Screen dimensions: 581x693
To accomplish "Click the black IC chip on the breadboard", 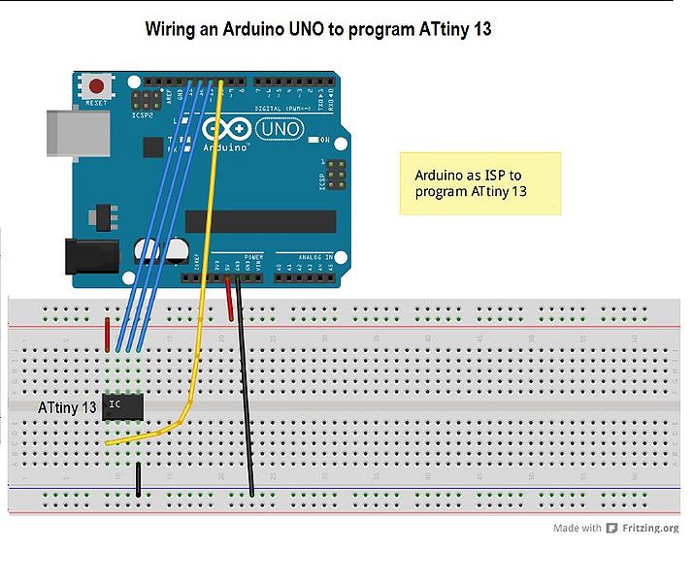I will click(123, 405).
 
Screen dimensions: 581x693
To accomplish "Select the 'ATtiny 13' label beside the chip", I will click(67, 408).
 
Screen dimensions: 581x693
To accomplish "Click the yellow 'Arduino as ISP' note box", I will click(480, 182).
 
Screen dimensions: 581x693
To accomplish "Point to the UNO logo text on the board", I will click(281, 129).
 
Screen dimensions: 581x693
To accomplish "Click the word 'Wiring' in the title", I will click(172, 29).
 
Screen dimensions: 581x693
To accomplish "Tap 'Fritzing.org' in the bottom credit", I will click(650, 529).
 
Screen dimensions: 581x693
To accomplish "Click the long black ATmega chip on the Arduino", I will click(259, 221).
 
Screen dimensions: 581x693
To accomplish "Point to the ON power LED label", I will click(326, 141).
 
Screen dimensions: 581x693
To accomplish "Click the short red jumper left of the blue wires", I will click(107, 333).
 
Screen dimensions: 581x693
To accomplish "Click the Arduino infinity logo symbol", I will click(226, 130).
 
